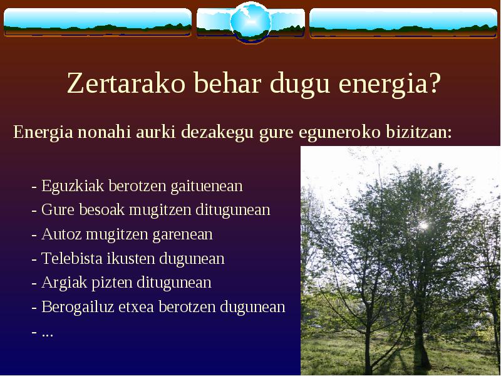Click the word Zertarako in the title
tap(127, 83)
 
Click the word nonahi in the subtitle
tap(104, 132)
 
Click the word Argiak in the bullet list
tap(64, 283)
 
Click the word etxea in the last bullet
tap(137, 307)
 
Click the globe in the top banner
tap(251, 22)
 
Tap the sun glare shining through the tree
tap(423, 226)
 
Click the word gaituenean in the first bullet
tap(207, 186)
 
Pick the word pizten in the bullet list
tap(112, 283)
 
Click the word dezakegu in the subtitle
tap(217, 132)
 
